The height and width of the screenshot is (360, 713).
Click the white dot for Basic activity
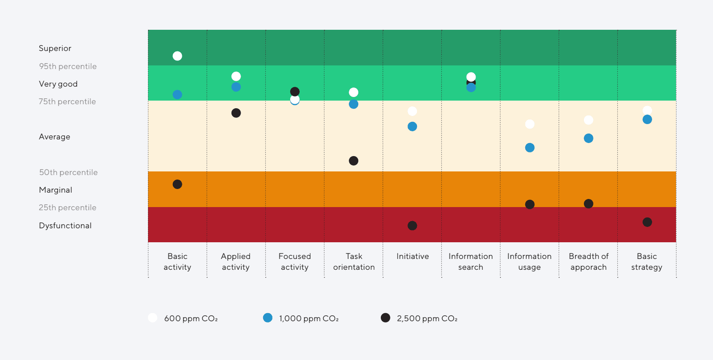pyautogui.click(x=177, y=56)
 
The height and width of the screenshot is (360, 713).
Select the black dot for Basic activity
pyautogui.click(x=177, y=184)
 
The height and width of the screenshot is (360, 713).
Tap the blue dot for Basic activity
pyautogui.click(x=177, y=94)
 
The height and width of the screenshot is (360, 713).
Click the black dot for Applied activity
pyautogui.click(x=236, y=113)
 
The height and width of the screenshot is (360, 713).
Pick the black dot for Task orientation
pyautogui.click(x=354, y=161)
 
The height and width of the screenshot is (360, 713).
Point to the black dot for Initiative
pyautogui.click(x=412, y=226)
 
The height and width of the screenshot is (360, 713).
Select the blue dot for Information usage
pyautogui.click(x=530, y=148)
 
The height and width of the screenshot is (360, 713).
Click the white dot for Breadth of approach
pyautogui.click(x=588, y=120)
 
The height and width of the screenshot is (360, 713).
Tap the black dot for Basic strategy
pyautogui.click(x=647, y=222)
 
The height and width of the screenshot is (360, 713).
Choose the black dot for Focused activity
pyautogui.click(x=295, y=92)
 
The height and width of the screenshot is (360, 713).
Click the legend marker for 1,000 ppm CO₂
pyautogui.click(x=268, y=318)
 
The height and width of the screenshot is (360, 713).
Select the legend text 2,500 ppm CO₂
pyautogui.click(x=427, y=318)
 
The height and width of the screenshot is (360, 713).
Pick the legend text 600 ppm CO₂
pyautogui.click(x=191, y=318)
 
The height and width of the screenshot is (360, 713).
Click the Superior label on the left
pyautogui.click(x=55, y=48)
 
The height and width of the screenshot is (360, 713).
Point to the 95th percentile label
pyautogui.click(x=68, y=66)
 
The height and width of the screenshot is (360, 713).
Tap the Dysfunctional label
pyautogui.click(x=65, y=226)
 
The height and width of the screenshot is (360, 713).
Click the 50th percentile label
pyautogui.click(x=68, y=172)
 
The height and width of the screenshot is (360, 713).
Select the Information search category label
pyautogui.click(x=471, y=262)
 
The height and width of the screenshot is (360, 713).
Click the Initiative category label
pyautogui.click(x=412, y=256)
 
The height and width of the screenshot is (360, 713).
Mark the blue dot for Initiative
pyautogui.click(x=412, y=126)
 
